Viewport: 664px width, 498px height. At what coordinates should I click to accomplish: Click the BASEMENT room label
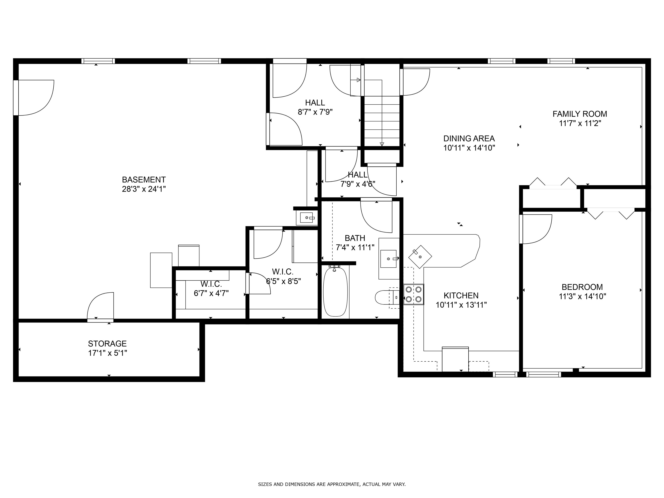144,179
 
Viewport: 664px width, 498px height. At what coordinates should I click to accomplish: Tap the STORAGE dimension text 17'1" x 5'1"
107,353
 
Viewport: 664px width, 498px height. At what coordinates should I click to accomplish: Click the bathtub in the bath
335,292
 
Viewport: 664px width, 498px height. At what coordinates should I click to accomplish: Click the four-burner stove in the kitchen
413,294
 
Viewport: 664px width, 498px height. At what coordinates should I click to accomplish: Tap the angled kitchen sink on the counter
420,257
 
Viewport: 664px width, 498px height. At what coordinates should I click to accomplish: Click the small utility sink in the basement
307,217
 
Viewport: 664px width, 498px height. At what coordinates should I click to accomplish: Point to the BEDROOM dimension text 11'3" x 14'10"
582,296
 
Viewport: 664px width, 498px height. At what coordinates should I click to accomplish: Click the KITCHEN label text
461,295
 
